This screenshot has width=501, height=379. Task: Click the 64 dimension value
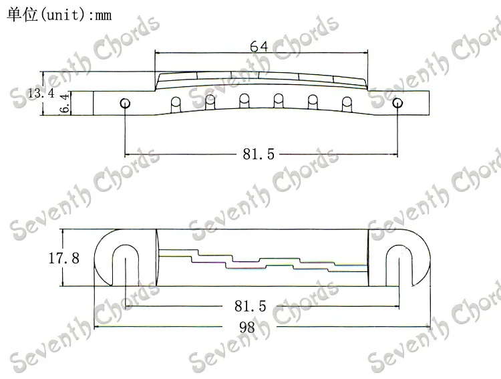(x=259, y=46)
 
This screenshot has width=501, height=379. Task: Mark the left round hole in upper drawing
(x=124, y=103)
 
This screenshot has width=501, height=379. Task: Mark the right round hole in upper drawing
(x=399, y=103)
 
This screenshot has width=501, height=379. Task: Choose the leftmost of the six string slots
(x=176, y=105)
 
